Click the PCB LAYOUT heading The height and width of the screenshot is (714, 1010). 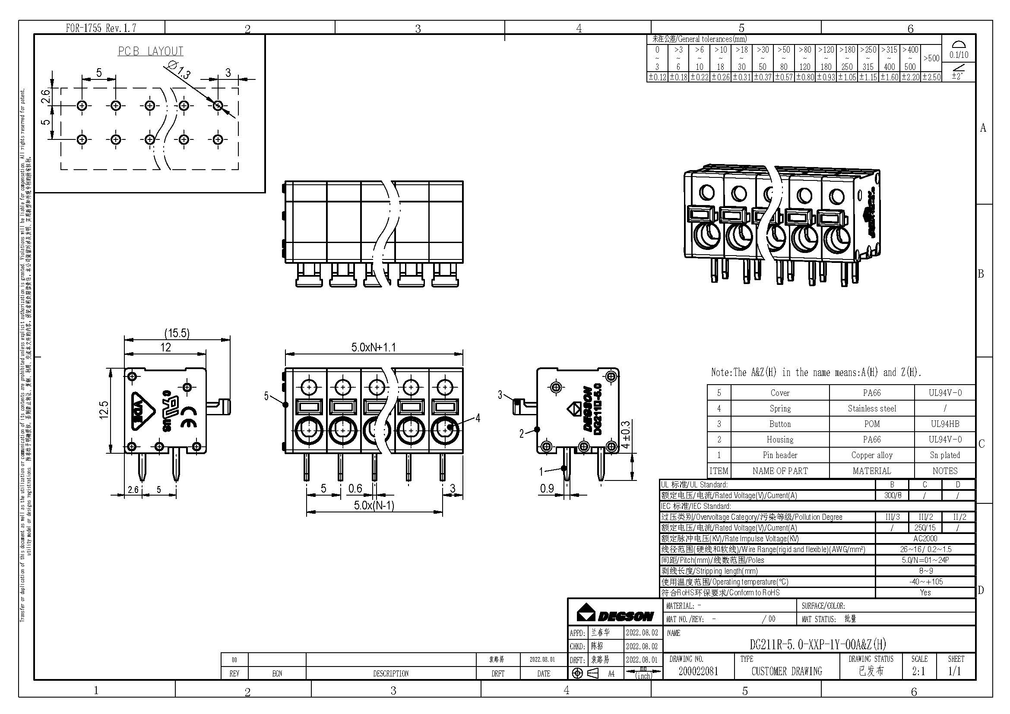pyautogui.click(x=150, y=51)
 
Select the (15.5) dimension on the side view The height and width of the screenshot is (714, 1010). pyautogui.click(x=177, y=333)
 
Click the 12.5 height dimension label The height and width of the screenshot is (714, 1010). pyautogui.click(x=104, y=410)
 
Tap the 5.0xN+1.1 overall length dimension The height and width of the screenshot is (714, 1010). pyautogui.click(x=374, y=348)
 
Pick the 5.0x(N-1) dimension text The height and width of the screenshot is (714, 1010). pyautogui.click(x=374, y=505)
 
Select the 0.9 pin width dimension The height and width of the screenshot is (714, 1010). pyautogui.click(x=547, y=489)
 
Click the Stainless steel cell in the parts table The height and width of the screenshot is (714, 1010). pyautogui.click(x=871, y=408)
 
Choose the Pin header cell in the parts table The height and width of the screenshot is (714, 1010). pyautogui.click(x=779, y=455)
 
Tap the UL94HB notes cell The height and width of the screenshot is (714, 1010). pyautogui.click(x=944, y=424)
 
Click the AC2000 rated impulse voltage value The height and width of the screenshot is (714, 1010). pyautogui.click(x=925, y=539)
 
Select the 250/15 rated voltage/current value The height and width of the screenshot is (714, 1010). pyautogui.click(x=925, y=528)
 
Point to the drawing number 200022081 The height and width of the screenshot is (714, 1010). pyautogui.click(x=698, y=671)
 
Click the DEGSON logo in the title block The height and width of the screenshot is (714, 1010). pyautogui.click(x=615, y=614)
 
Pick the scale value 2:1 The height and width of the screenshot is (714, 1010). pyautogui.click(x=918, y=671)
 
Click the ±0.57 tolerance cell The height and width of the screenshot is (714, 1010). pyautogui.click(x=783, y=77)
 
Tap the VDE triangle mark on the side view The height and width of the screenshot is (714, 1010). pyautogui.click(x=142, y=410)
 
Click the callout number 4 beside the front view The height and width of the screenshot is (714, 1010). pyautogui.click(x=478, y=418)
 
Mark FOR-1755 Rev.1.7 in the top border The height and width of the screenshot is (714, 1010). pyautogui.click(x=101, y=28)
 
